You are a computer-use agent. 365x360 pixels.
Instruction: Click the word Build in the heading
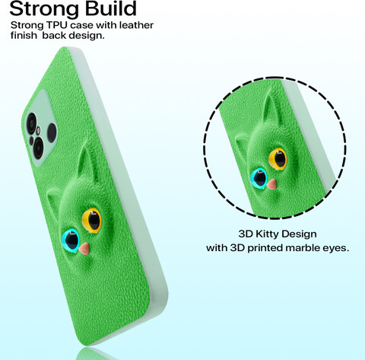(x=110, y=9)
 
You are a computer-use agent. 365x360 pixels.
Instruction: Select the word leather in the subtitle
(x=136, y=25)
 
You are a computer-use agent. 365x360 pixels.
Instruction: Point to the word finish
(x=24, y=35)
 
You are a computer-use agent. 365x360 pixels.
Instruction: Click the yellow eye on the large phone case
(x=91, y=221)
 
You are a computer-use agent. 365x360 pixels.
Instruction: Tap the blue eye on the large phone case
(x=71, y=240)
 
